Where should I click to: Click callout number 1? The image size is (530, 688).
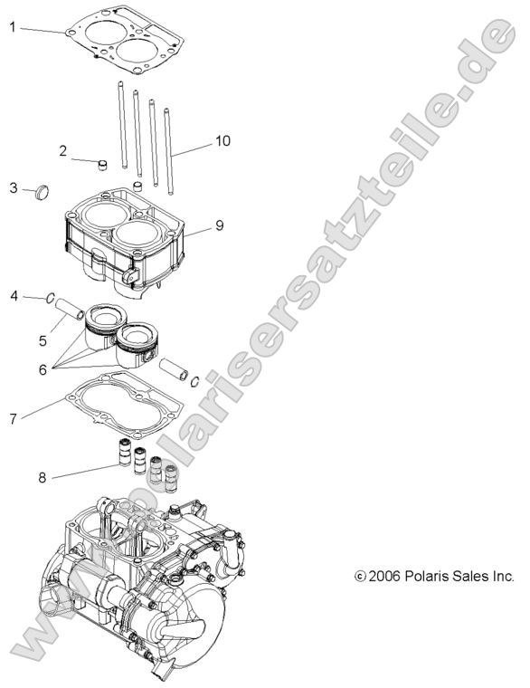point(14,27)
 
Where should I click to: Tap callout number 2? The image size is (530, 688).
point(64,150)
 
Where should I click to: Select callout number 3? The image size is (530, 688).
point(14,187)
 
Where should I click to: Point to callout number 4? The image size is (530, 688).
point(14,296)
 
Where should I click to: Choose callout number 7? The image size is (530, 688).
point(14,419)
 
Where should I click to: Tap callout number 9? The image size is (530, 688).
point(219,225)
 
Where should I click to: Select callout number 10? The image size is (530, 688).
point(222,141)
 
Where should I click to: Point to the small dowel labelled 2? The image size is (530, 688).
point(102,165)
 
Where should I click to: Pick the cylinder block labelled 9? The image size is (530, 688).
point(127,240)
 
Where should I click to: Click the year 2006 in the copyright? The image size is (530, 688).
point(385,576)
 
